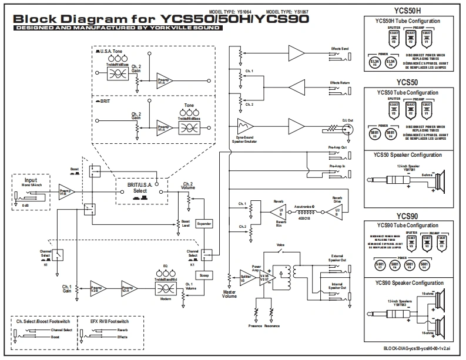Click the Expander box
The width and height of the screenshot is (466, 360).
203,224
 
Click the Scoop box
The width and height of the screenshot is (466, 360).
203,275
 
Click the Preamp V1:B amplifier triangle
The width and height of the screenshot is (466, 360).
63,192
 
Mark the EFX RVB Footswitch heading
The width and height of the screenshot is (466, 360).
110,322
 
